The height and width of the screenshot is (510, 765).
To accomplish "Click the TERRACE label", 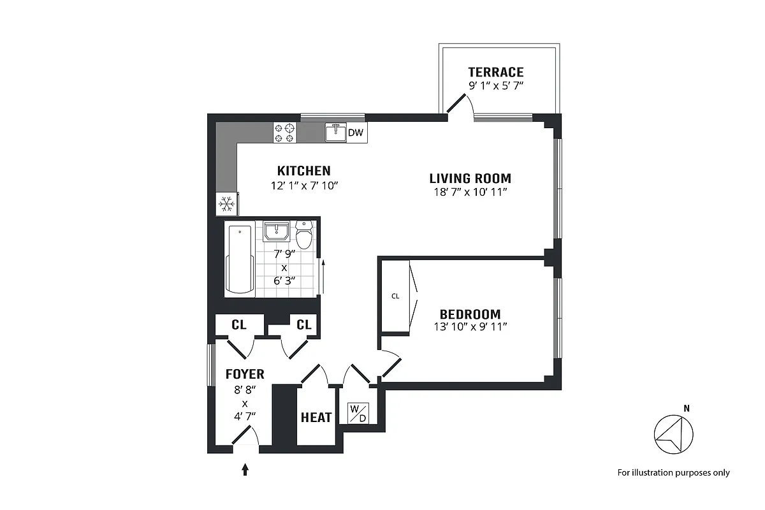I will [495, 72].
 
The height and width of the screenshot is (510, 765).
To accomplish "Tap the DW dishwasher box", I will [356, 133].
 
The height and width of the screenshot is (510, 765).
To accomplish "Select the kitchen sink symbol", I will [335, 133].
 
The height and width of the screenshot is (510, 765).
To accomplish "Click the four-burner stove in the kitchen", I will [285, 133].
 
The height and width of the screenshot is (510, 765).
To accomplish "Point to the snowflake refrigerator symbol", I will [226, 205].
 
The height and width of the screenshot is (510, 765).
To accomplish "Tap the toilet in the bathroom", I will [304, 235].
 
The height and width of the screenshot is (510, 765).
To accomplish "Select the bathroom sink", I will [277, 231].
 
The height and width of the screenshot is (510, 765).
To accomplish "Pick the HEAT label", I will [316, 418].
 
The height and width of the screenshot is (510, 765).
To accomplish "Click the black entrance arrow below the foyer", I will [245, 470].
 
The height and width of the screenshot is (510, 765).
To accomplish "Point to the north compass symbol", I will [673, 435].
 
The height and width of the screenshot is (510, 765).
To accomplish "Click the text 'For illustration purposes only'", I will [673, 473].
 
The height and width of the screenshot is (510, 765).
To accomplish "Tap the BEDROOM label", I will [470, 314].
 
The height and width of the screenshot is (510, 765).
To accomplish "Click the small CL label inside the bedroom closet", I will [395, 296].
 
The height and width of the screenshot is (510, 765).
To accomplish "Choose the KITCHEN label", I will [303, 171].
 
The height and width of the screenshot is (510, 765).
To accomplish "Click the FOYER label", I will [245, 374].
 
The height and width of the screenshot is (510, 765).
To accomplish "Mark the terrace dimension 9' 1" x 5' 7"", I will [495, 85].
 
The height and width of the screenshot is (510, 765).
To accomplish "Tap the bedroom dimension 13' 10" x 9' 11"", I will [470, 327].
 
